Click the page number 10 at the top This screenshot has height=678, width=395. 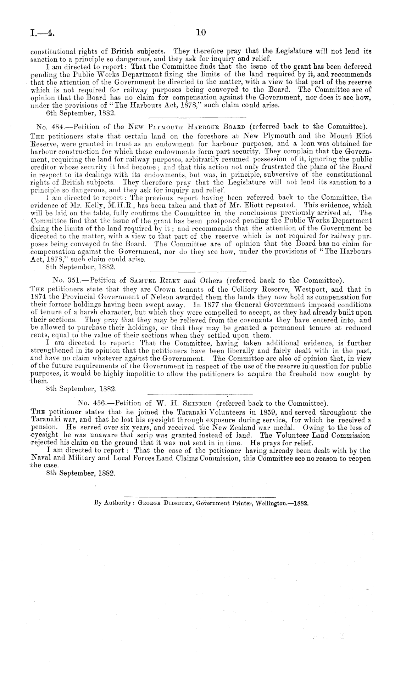click(x=201, y=33)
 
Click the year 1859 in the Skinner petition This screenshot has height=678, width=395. click(x=290, y=412)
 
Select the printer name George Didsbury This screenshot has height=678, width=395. click(x=164, y=503)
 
